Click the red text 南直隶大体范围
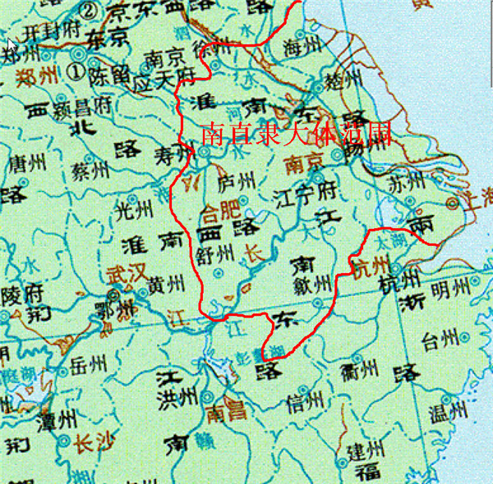coord(293,135)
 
